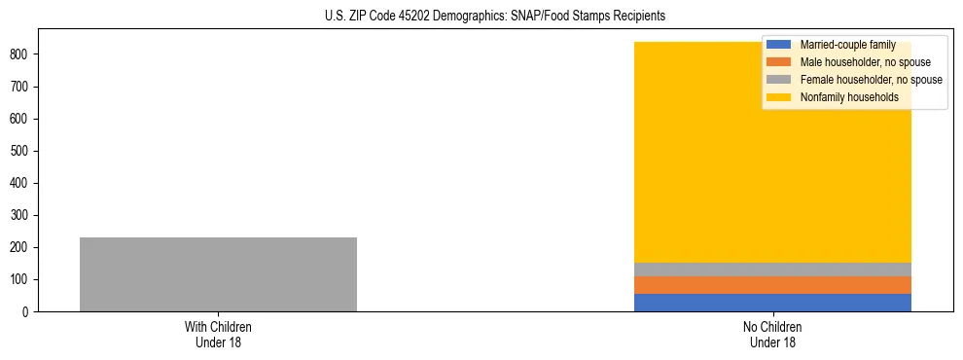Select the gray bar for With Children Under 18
coord(218,274)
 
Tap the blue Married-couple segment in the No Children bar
coord(772,303)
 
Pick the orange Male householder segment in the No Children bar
coord(772,284)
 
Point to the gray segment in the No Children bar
coord(772,270)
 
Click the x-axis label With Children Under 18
coord(218,334)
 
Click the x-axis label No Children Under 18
coord(772,334)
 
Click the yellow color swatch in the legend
coord(779,97)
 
